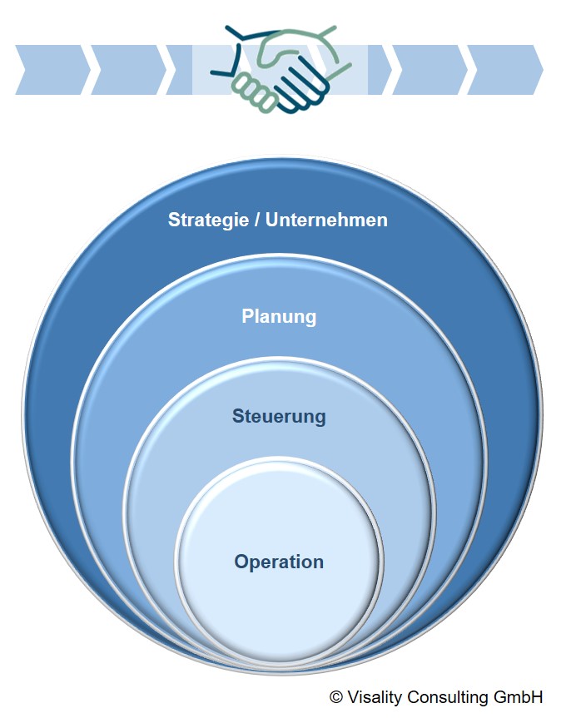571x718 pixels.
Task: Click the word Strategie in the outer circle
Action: tap(209, 220)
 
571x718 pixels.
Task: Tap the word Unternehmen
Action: tap(327, 220)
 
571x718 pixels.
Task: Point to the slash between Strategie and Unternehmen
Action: tap(257, 220)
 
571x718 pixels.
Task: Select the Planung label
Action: tap(279, 317)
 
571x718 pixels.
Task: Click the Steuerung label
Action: tap(279, 416)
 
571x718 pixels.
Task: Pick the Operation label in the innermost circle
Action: tap(279, 562)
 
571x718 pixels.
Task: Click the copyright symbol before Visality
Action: tap(336, 697)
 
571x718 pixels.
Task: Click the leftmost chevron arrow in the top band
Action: tap(52, 70)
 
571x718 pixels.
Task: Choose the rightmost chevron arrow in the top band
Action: tap(505, 70)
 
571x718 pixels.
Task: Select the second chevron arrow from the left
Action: tap(128, 70)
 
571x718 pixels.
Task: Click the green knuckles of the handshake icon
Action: tap(255, 92)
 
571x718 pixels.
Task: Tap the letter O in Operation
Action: tap(242, 562)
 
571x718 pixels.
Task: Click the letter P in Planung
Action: tap(247, 316)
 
